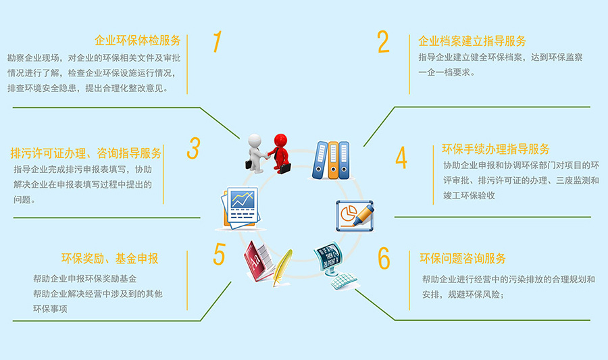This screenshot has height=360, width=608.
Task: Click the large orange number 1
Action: click(x=217, y=41)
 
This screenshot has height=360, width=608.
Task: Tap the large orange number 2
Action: click(x=383, y=42)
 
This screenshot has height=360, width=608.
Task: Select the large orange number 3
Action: click(x=193, y=149)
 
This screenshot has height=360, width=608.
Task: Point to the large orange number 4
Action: click(x=401, y=158)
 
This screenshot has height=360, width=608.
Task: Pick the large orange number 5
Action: click(x=219, y=254)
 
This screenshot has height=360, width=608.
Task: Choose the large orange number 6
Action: click(x=384, y=258)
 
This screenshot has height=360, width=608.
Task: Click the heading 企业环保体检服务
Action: click(x=138, y=41)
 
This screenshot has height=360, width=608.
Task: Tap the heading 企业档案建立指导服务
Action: click(x=472, y=41)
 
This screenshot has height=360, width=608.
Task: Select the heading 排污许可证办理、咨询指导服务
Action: click(x=86, y=153)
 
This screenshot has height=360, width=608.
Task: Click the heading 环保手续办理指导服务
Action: click(x=496, y=149)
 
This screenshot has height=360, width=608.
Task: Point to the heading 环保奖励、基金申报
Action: click(x=109, y=259)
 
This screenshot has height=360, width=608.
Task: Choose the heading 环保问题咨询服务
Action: click(x=463, y=258)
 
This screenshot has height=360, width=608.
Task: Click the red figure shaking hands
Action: click(x=280, y=153)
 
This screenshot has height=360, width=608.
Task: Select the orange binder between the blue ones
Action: click(x=333, y=160)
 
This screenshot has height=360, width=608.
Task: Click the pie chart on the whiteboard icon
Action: click(x=348, y=213)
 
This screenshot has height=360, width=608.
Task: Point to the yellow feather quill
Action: click(x=282, y=267)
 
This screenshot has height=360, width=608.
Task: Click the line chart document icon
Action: click(x=240, y=208)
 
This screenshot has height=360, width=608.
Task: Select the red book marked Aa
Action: click(x=258, y=261)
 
